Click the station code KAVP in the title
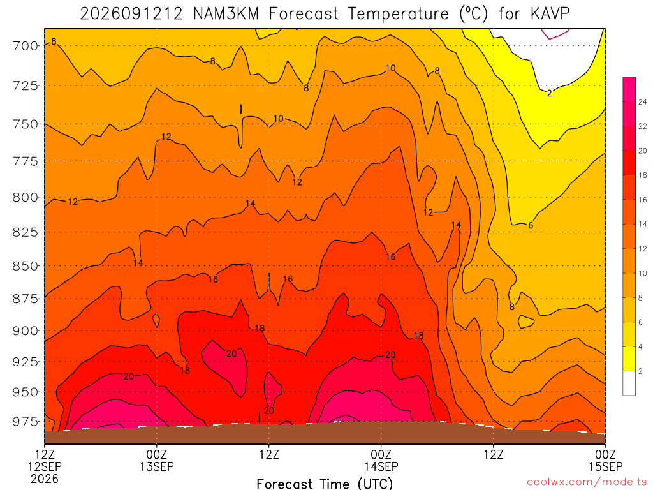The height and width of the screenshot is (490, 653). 550,14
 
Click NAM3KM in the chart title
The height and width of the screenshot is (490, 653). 226,14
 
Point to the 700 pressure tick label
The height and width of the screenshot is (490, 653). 24,46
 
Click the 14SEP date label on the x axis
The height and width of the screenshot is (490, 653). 381,466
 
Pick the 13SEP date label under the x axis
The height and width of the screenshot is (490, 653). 157,466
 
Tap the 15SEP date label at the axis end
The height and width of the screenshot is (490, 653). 606,466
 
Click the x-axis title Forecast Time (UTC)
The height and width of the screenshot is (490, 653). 325,484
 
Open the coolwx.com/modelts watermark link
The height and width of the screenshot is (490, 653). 587,482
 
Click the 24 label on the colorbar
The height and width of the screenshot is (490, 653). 643,101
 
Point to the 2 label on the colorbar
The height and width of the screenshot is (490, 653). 640,371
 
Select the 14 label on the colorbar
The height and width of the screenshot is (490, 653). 643,224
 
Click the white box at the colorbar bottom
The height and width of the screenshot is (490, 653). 629,383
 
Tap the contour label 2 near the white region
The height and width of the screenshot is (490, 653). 549,93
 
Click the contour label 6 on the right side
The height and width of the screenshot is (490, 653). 531,225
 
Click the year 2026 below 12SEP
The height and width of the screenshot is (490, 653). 45,479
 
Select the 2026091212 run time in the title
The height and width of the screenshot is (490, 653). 131,14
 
